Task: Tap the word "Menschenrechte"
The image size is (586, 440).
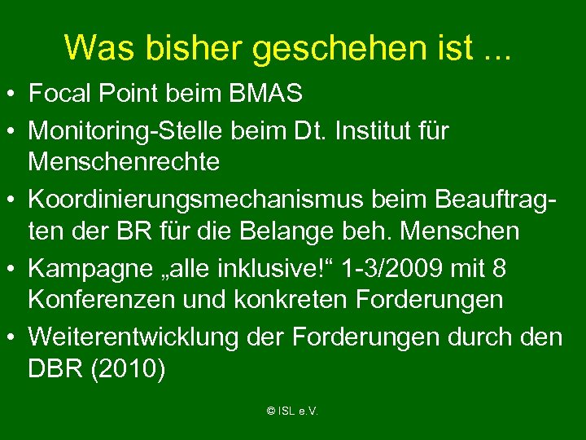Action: point(124,162)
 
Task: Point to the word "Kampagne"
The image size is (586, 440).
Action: point(85,266)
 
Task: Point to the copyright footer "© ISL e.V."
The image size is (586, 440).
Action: point(292,411)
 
